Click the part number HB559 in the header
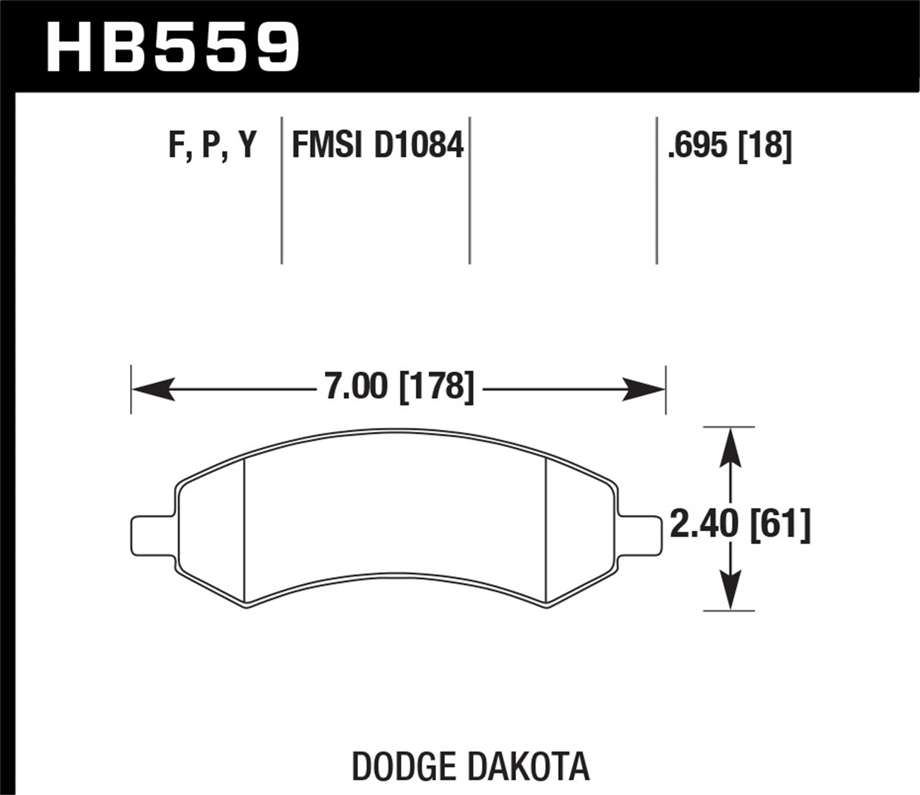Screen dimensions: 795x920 173,47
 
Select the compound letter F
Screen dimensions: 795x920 177,146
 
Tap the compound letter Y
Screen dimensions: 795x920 247,146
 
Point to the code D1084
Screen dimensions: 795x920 419,146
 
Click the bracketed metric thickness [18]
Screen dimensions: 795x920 765,146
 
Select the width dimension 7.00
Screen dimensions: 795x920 356,387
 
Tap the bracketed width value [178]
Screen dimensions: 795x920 437,387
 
